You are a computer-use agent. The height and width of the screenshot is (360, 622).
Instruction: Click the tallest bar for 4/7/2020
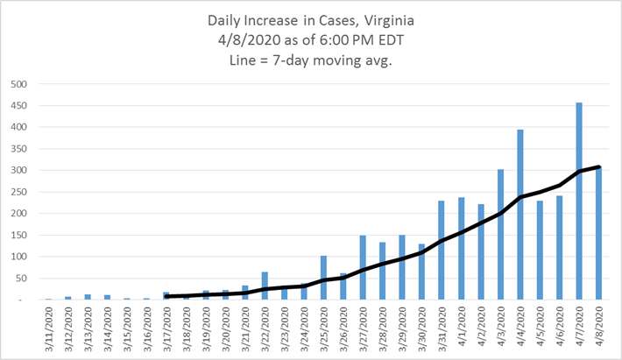[579, 201]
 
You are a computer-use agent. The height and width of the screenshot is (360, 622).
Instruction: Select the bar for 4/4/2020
[520, 215]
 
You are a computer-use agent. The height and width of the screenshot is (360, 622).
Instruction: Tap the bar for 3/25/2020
[323, 278]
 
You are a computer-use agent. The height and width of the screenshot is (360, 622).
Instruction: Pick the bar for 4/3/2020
[500, 235]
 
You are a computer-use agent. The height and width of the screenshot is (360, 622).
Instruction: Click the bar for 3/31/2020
[442, 251]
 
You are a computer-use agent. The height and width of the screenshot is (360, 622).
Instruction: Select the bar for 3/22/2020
[265, 286]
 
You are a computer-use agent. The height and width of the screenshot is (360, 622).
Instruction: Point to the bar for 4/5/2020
[540, 251]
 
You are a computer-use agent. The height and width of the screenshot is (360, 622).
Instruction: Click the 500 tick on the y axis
[19, 84]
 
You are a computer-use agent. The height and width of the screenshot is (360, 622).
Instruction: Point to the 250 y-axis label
[19, 192]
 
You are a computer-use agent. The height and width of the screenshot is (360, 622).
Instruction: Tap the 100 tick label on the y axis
[19, 257]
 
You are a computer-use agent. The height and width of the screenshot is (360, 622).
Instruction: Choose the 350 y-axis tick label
[19, 149]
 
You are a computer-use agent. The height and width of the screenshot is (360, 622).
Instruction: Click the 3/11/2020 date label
[49, 329]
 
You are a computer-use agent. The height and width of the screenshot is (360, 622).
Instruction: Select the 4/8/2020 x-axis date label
[599, 327]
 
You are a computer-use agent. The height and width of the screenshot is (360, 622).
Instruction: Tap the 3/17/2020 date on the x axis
[167, 329]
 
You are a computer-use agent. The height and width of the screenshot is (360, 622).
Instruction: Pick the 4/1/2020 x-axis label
[462, 327]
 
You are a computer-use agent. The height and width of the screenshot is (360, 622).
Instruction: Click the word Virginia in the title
[389, 21]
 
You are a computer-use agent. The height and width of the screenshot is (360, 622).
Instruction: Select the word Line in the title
[243, 60]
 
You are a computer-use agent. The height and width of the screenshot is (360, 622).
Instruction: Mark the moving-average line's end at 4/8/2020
[598, 167]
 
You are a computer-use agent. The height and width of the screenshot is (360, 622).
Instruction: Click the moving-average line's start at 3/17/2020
[166, 296]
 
